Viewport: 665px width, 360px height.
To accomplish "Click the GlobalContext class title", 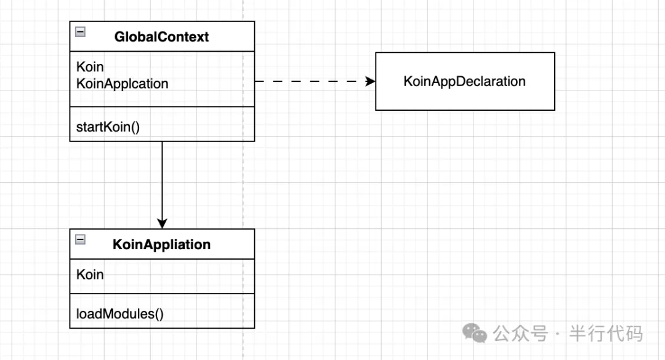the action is coord(161,37).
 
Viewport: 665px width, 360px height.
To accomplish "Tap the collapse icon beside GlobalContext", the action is coord(80,32).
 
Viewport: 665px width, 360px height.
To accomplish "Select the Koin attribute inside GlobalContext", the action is coord(90,66).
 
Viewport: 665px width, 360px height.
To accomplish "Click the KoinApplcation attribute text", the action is coord(122,84).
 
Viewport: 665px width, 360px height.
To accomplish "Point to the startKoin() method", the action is coord(108,127).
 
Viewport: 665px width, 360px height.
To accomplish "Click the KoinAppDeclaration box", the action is coord(465,81).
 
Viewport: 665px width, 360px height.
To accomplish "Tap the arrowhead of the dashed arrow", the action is coord(370,81).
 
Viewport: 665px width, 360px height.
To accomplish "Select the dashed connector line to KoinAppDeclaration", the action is coord(315,81).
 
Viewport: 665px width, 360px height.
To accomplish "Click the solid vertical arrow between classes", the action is coord(162,185).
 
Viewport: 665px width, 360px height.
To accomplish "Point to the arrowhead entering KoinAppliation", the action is coord(162,223).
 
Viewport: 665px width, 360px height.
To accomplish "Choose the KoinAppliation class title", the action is coord(161,245).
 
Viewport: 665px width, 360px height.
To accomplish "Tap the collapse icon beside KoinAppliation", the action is coord(80,239).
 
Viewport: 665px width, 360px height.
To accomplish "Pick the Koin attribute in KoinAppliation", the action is coord(90,274).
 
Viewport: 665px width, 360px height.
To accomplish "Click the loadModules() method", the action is coord(119,314).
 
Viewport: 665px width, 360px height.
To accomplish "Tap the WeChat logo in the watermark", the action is coord(475,333).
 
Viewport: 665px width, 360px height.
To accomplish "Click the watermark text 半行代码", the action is coord(606,334).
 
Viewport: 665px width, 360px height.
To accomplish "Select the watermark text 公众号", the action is coord(520,334).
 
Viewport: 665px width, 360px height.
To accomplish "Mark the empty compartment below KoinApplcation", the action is coord(162,99).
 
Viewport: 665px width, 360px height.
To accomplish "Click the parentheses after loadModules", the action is coord(159,314).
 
